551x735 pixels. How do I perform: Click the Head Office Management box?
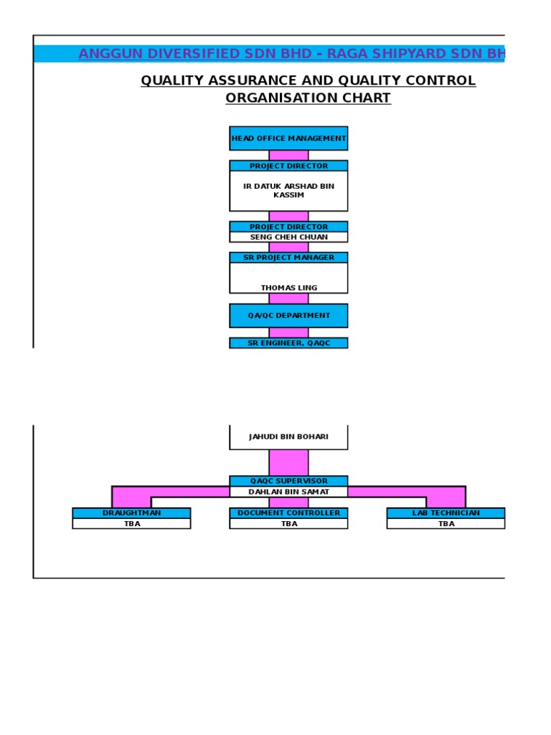(x=288, y=139)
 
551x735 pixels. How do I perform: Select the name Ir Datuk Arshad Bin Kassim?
(x=288, y=190)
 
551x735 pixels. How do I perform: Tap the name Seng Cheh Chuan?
(x=288, y=237)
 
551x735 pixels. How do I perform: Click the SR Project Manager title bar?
(x=288, y=258)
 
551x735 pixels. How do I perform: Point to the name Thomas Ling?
(x=288, y=288)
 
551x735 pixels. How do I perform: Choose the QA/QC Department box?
(x=288, y=315)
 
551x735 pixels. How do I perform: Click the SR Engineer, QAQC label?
(x=288, y=343)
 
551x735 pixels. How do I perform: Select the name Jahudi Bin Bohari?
(x=288, y=436)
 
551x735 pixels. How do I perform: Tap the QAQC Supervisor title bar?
(x=288, y=481)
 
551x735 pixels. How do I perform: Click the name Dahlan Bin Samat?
(x=288, y=492)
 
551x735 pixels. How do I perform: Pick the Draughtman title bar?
(x=131, y=513)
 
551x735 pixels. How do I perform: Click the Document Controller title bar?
(x=288, y=513)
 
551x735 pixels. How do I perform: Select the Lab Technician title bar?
(x=446, y=513)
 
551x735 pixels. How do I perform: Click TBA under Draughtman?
(x=131, y=524)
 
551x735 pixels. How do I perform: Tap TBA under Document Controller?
(x=288, y=524)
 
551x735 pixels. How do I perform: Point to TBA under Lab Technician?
(x=446, y=524)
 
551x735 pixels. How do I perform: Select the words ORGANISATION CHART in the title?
(x=308, y=98)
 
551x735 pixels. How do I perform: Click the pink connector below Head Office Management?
(x=288, y=155)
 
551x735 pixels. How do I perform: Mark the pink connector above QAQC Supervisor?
(x=288, y=462)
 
